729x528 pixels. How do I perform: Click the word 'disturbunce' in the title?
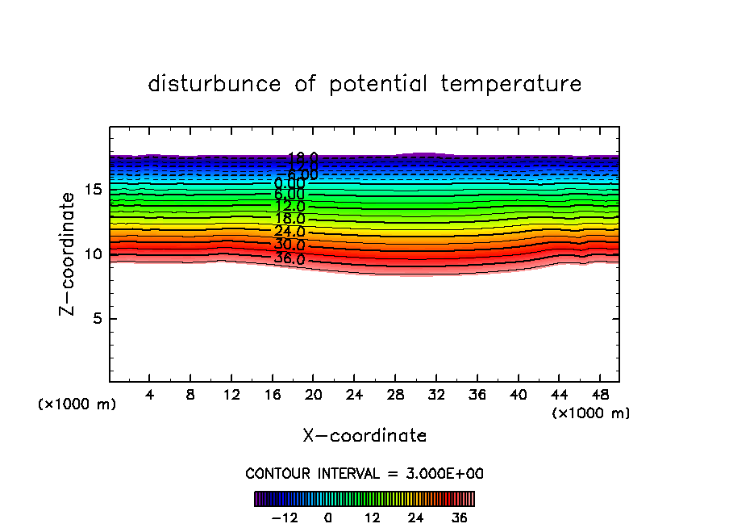215,84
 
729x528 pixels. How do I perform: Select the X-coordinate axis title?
364,436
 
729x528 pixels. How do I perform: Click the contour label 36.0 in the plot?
289,259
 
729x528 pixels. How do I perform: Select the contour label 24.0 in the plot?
289,231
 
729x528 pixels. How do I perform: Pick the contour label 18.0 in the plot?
289,218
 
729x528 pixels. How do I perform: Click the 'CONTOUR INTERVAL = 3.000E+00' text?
364,473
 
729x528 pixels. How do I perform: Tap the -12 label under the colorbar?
285,518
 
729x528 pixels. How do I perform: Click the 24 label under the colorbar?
415,518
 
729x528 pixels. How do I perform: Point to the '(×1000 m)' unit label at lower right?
590,413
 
